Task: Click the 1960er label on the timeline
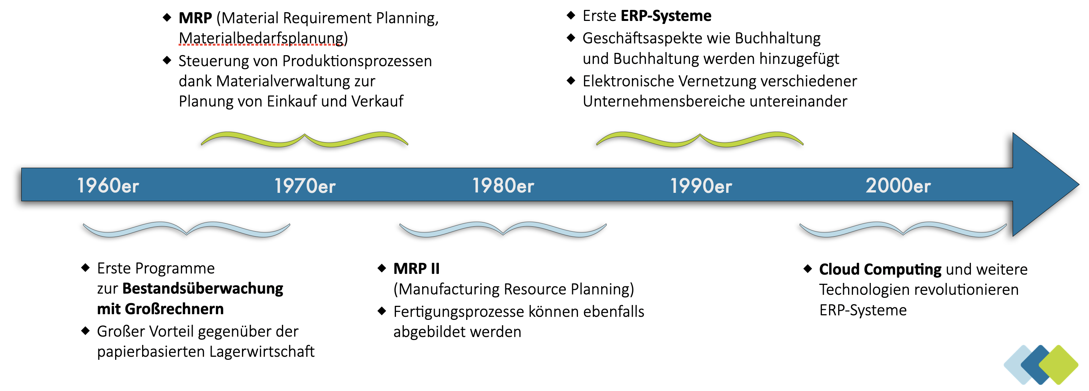(108, 185)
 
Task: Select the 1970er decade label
(305, 185)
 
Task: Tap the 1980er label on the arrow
(503, 185)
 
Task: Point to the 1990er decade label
(701, 185)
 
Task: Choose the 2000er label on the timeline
(898, 185)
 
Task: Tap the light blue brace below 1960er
(187, 229)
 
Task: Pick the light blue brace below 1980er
(503, 229)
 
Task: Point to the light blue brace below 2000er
(902, 229)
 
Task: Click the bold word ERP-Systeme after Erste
(666, 16)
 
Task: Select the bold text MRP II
(416, 269)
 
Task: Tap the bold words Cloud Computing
(880, 270)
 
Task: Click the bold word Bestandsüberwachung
(203, 289)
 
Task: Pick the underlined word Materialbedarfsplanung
(261, 38)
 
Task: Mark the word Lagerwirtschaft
(262, 352)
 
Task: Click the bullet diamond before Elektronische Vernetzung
(571, 80)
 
